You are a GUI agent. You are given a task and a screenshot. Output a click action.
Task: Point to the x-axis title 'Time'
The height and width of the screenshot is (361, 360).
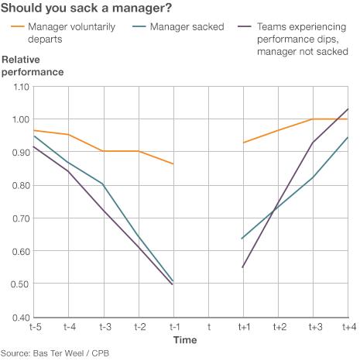[x=184, y=340]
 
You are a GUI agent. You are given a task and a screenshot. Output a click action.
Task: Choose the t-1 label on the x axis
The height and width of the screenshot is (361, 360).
[x=173, y=328]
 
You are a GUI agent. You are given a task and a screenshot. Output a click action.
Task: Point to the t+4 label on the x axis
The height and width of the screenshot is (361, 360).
[x=348, y=328]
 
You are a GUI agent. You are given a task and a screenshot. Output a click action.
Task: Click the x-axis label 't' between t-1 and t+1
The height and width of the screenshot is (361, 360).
[x=208, y=328]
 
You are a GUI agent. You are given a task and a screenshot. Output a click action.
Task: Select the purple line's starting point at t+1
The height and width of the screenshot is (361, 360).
[x=243, y=267]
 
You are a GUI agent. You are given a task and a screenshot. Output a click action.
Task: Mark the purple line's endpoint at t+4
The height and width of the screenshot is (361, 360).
[x=348, y=109]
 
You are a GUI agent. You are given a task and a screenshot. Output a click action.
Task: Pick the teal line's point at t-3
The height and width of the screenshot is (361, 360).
[x=103, y=184]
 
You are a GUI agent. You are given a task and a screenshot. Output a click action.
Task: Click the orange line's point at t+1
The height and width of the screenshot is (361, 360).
[x=243, y=143]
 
